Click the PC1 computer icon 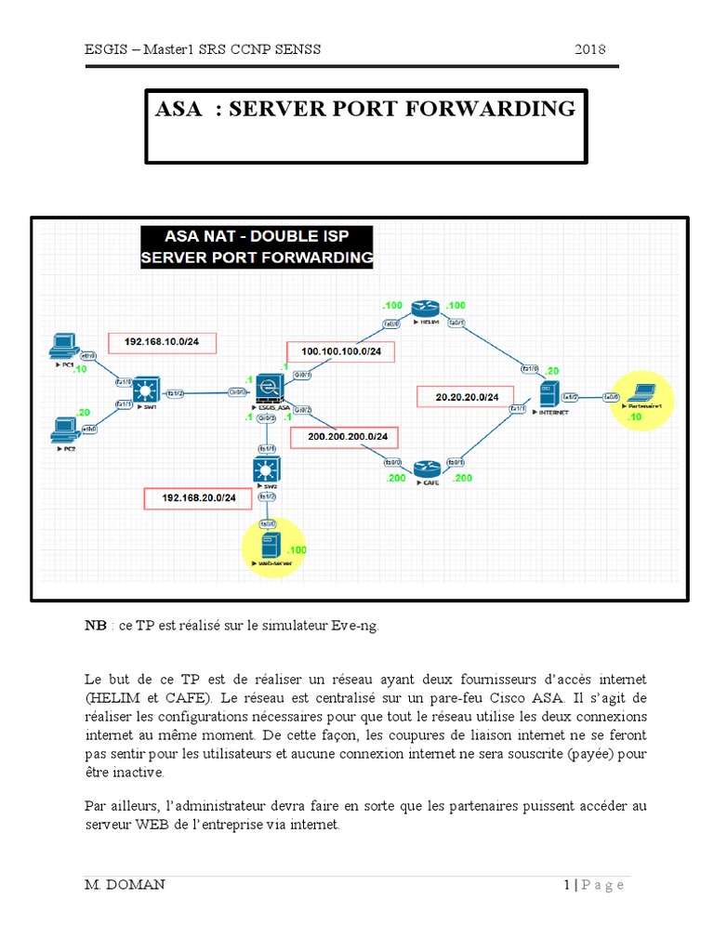(63, 346)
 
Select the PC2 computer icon (63, 428)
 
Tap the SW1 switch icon (146, 390)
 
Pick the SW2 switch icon (268, 469)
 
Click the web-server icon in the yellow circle (270, 545)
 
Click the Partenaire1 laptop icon (641, 392)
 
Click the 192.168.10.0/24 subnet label (162, 343)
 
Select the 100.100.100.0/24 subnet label (340, 352)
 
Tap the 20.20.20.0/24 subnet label (467, 397)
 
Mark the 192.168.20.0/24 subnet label (199, 498)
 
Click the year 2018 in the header (591, 49)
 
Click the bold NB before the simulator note (95, 626)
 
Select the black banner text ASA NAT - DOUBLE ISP (256, 236)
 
